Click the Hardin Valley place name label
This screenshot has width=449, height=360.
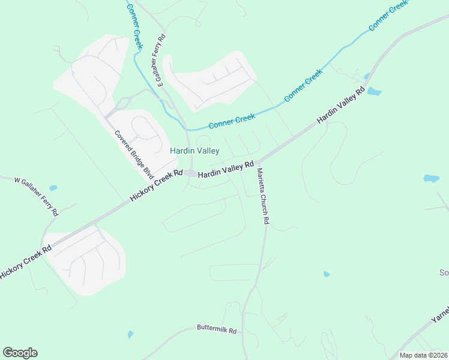point(194,151)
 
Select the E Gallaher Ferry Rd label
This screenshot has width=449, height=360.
point(161,61)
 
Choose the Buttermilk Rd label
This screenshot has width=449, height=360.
point(217,330)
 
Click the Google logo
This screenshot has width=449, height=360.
point(20,353)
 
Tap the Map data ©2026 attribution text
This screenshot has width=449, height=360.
point(423,355)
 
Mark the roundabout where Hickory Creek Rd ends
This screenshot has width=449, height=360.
point(190,173)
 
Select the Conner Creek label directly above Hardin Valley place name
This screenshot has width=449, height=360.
point(232,121)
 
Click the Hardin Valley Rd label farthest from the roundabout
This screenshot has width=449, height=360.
point(340,106)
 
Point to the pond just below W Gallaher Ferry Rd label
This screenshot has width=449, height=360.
point(53,188)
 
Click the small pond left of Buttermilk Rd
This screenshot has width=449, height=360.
point(130,334)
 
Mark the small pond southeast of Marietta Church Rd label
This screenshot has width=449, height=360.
point(327,274)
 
